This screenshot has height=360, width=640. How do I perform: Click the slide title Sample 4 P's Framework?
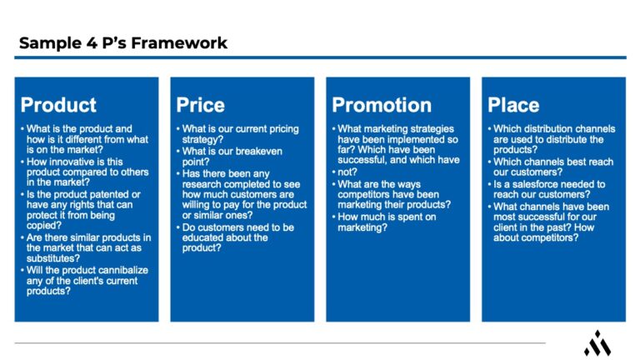(122, 42)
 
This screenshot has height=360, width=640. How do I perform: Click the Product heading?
(58, 105)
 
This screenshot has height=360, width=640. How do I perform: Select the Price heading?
(200, 105)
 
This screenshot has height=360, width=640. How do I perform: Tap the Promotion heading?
(382, 105)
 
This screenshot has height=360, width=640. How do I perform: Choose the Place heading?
(513, 105)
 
